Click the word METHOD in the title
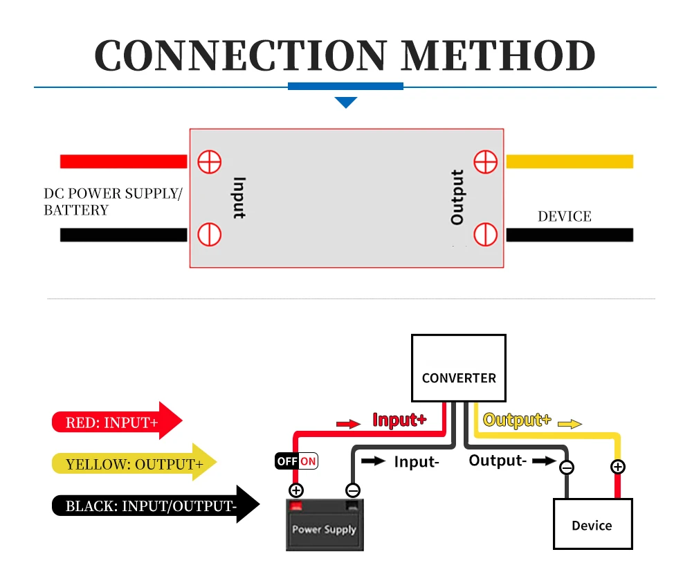pos(499,55)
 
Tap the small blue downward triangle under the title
pos(345,103)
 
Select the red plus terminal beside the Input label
pos(209,162)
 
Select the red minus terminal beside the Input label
pos(209,234)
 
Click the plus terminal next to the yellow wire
pos(486,161)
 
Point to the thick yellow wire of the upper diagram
pos(570,161)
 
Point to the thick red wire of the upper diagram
pos(123,161)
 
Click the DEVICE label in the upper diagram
pos(565,216)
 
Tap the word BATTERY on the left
pos(76,210)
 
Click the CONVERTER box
pos(459,368)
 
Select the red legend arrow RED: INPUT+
pos(116,421)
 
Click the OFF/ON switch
pos(296,461)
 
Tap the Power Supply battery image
pos(325,526)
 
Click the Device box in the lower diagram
pos(592,524)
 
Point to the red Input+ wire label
pos(399,420)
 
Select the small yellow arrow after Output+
pos(570,424)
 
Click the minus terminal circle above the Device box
pos(567,467)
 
